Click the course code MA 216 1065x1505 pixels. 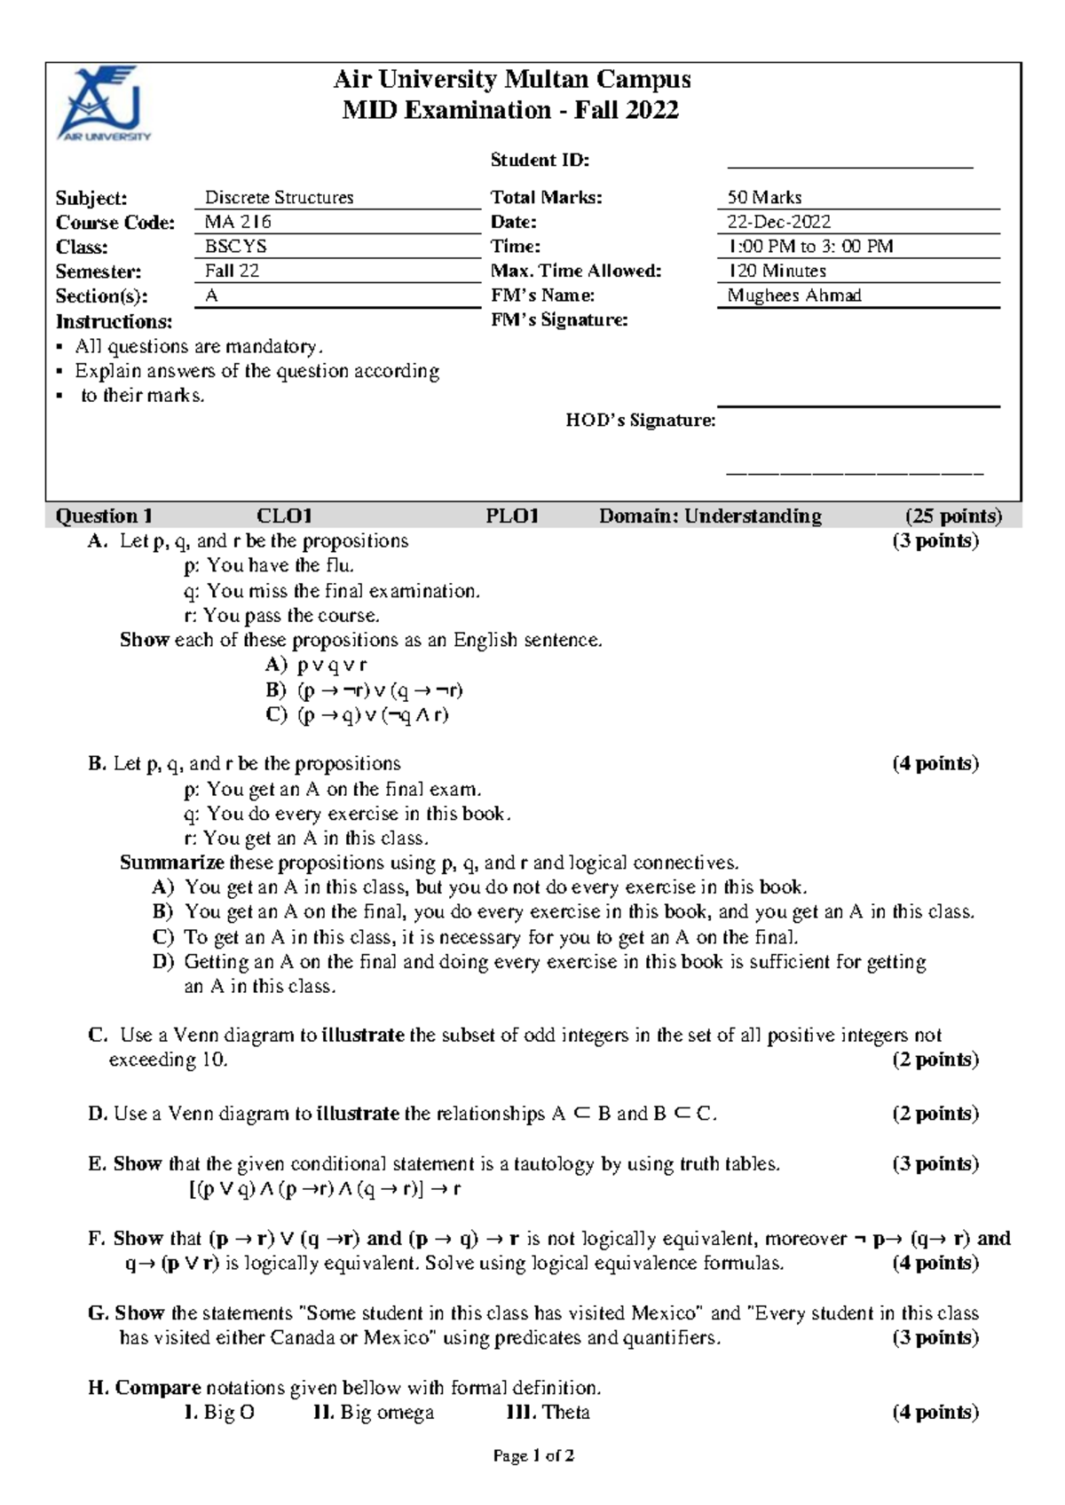coord(238,222)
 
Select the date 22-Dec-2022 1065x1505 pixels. coord(778,222)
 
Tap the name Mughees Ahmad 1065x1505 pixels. coord(793,295)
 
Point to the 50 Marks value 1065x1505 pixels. coord(764,197)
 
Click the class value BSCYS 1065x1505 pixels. coord(235,246)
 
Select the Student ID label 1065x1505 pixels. coord(540,160)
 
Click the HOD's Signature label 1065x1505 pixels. coord(640,420)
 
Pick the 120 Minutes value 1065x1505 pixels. coord(777,271)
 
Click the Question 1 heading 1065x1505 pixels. coord(104,516)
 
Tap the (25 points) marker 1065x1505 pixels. coord(952,516)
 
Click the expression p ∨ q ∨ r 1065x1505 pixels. coord(332,665)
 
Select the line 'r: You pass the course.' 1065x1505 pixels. coord(281,615)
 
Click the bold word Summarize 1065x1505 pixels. coord(171,863)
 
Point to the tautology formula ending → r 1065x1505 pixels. coord(325,1188)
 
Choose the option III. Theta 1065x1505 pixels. coord(548,1412)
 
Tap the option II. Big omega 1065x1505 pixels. coord(374,1412)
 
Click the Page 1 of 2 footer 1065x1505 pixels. coord(533,1455)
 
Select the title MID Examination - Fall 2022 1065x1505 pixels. coord(511,110)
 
